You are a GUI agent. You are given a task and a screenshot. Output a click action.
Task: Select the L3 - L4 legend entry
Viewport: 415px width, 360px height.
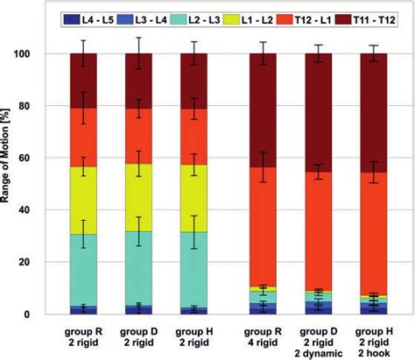140,17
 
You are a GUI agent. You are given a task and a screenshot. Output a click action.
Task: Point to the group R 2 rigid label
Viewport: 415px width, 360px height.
87,339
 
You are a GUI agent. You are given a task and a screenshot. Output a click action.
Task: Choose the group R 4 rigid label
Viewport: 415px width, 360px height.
263,339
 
